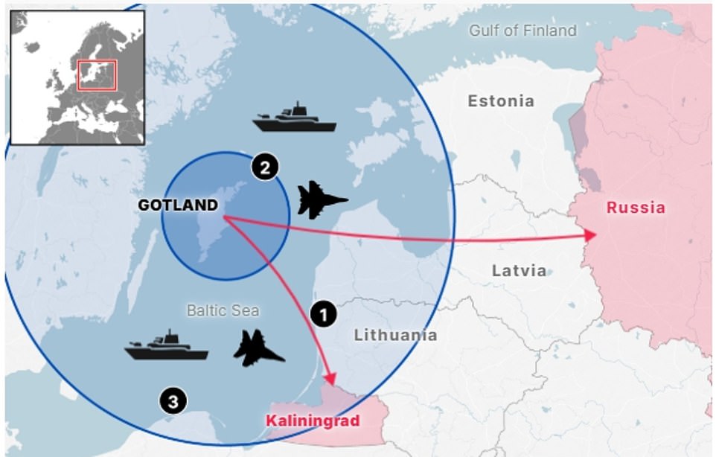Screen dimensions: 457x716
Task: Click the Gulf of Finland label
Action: pyautogui.click(x=522, y=31)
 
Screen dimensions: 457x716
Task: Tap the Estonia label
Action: pyautogui.click(x=500, y=100)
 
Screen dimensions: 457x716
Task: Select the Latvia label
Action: pyautogui.click(x=519, y=271)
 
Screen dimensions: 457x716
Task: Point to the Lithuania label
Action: pyautogui.click(x=395, y=335)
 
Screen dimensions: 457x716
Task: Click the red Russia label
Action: pyautogui.click(x=636, y=208)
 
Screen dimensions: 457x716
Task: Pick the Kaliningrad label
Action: pyautogui.click(x=313, y=421)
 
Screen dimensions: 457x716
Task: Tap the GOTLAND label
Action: pyautogui.click(x=177, y=205)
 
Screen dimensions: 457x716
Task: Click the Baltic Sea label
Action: pyautogui.click(x=223, y=310)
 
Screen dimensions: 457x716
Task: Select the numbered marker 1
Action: pyautogui.click(x=323, y=314)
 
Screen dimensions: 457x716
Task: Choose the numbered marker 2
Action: pyautogui.click(x=264, y=167)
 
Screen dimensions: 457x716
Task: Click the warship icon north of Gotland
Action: pyautogui.click(x=295, y=118)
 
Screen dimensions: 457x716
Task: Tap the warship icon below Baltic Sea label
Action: pyautogui.click(x=166, y=345)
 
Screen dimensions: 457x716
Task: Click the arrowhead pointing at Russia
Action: pyautogui.click(x=592, y=235)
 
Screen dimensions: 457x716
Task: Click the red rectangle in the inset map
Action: pyautogui.click(x=97, y=75)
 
